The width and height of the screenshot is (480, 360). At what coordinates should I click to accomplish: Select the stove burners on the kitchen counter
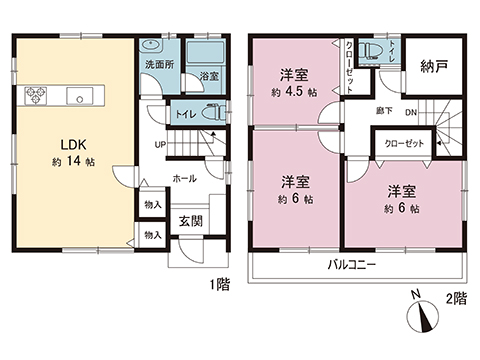[x=37, y=97]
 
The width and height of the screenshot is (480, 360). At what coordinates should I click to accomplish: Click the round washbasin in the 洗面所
[x=152, y=46]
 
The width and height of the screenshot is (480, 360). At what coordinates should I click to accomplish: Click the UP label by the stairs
[x=159, y=144]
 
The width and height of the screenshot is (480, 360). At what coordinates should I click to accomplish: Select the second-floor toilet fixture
[x=376, y=50]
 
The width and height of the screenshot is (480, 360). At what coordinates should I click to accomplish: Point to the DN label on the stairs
[x=410, y=113]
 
